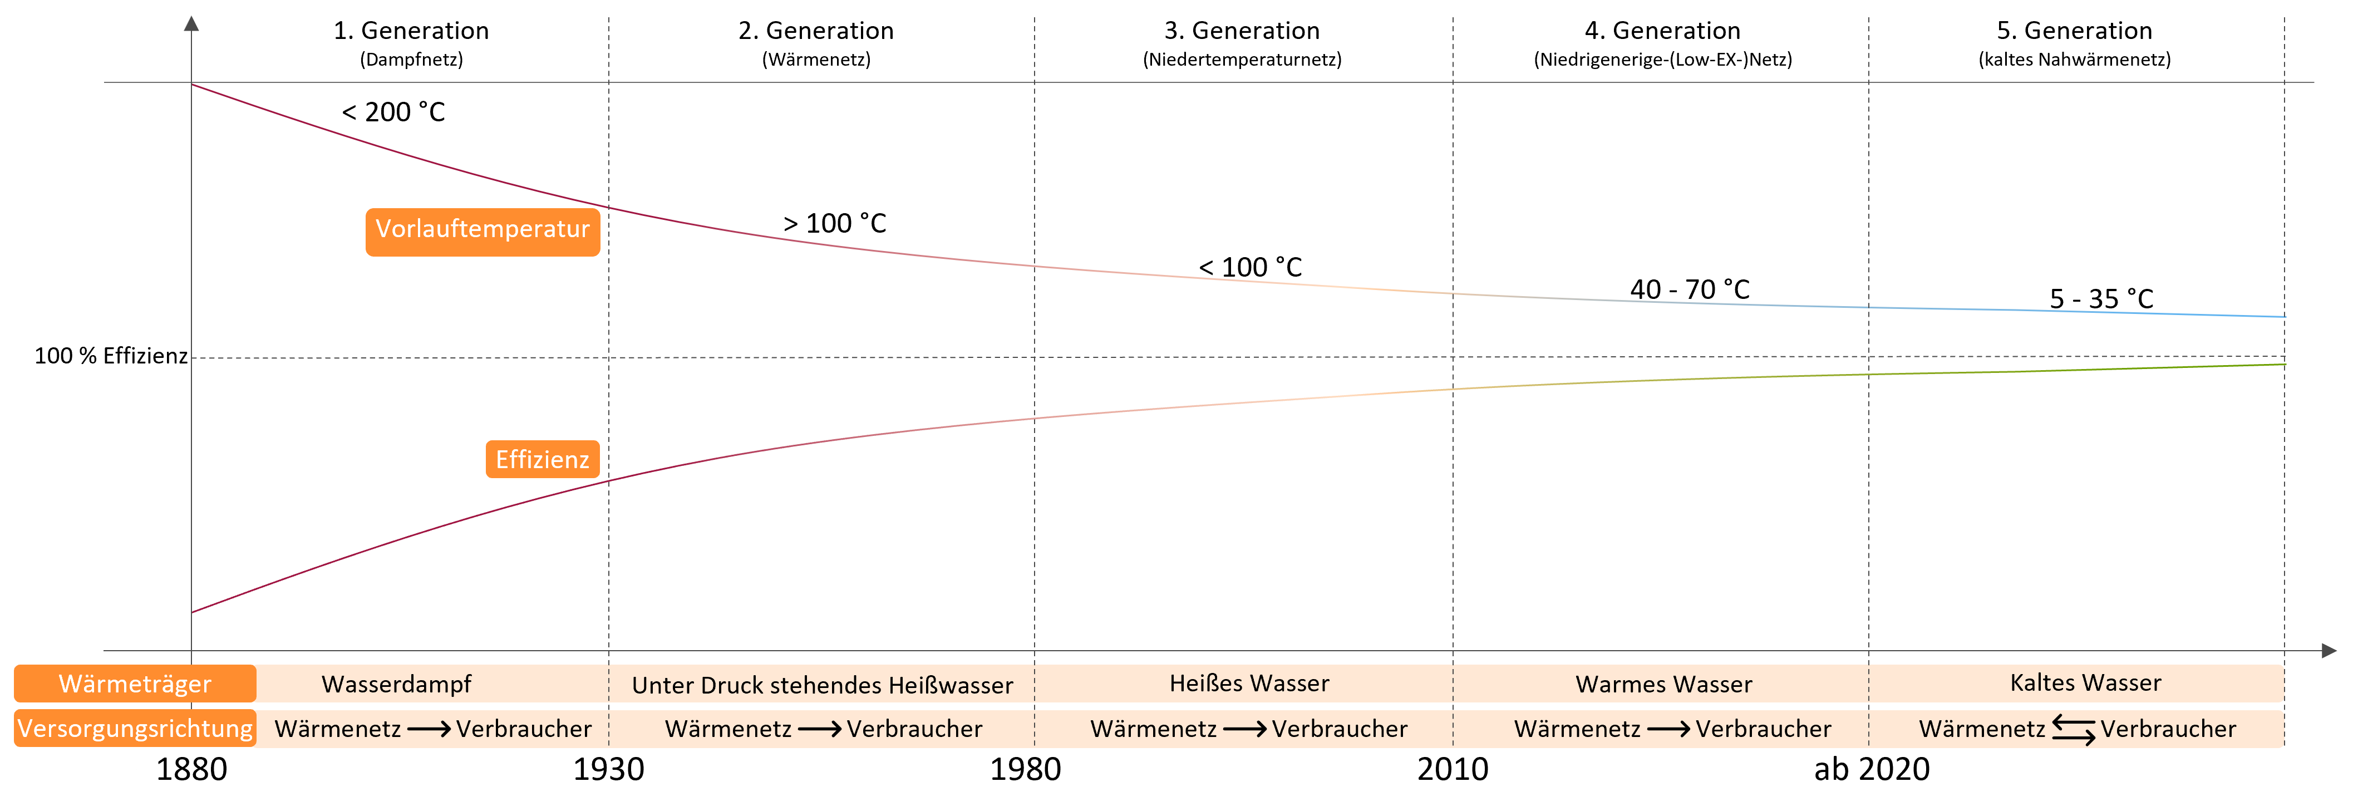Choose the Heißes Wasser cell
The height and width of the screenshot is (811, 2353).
(1249, 683)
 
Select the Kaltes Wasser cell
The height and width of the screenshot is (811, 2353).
(2085, 683)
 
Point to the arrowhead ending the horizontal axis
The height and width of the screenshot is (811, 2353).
(2329, 651)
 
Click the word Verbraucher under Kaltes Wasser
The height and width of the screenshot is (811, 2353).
(2168, 729)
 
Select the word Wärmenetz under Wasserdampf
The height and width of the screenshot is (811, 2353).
(338, 729)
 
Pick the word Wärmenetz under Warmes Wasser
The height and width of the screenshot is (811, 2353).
(1578, 729)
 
